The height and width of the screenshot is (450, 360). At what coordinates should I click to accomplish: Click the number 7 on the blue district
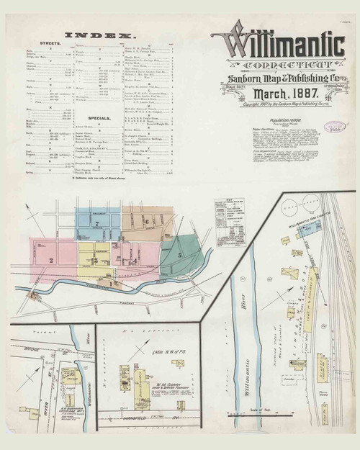(x=96, y=224)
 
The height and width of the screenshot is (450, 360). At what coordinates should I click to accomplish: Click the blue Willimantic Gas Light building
(x=307, y=230)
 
